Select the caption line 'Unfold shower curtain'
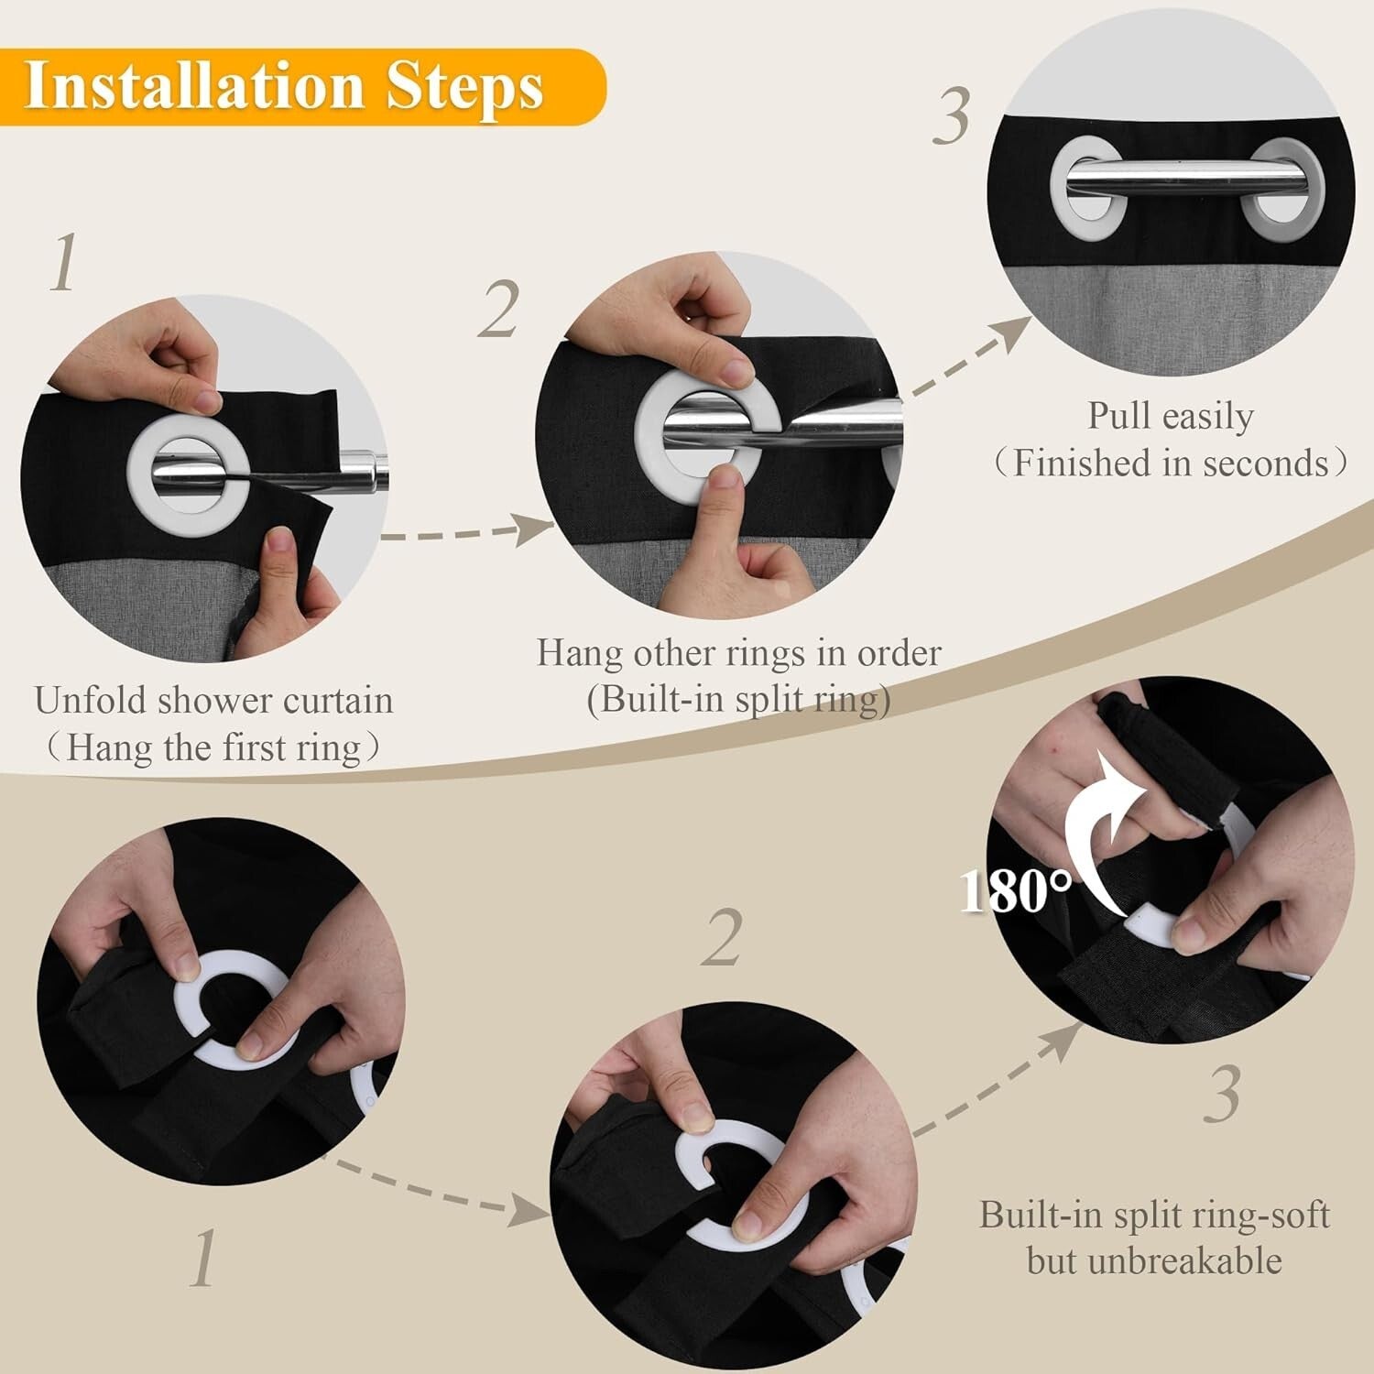pos(213,701)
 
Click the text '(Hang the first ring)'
pos(213,747)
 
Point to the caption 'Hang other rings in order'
pos(738,653)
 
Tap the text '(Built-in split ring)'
pos(738,700)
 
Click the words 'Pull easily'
pos(1170,416)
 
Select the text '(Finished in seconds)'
pos(1170,463)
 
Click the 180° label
pos(1015,889)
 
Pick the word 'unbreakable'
pos(1153,1261)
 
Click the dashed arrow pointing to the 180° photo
pos(998,1081)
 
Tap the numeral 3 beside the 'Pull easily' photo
pos(952,117)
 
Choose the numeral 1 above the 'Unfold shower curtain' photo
pos(62,263)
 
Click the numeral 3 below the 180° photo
pos(1222,1094)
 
